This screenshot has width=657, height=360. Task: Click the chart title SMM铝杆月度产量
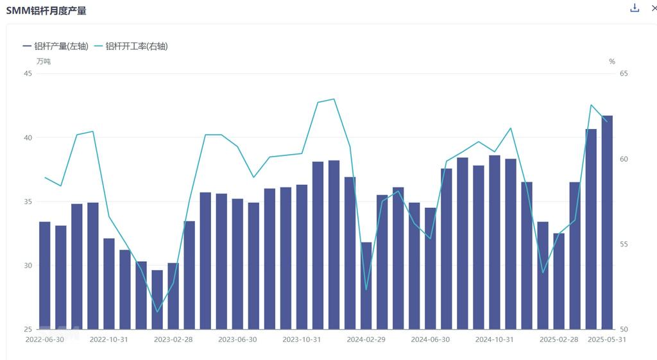pyautogui.click(x=46, y=10)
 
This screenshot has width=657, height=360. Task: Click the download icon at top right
pyautogui.click(x=635, y=8)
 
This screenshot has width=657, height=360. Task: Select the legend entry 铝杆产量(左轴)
pyautogui.click(x=56, y=46)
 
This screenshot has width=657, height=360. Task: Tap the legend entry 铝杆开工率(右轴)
pyautogui.click(x=131, y=46)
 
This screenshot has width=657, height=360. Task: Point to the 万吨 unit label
pyautogui.click(x=43, y=62)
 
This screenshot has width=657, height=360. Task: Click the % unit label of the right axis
pyautogui.click(x=611, y=62)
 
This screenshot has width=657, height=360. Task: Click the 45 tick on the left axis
pyautogui.click(x=28, y=73)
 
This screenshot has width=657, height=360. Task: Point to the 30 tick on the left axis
pyautogui.click(x=28, y=266)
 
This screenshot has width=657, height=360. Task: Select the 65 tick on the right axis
pyautogui.click(x=624, y=73)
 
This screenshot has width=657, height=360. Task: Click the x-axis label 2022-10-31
pyautogui.click(x=109, y=339)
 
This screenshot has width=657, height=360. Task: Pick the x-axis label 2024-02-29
pyautogui.click(x=366, y=339)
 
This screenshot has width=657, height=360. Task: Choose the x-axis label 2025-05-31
pyautogui.click(x=607, y=339)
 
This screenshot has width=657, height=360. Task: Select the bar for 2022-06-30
pyautogui.click(x=45, y=276)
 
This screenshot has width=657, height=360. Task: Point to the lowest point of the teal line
pyautogui.click(x=157, y=312)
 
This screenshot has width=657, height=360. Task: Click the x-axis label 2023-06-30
pyautogui.click(x=237, y=339)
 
